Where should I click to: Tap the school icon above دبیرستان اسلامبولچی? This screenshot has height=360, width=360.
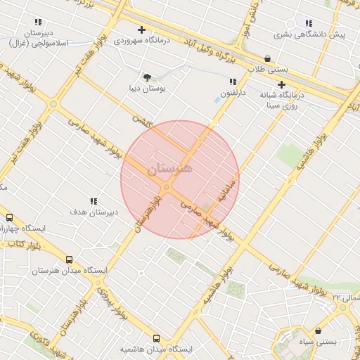(38, 22)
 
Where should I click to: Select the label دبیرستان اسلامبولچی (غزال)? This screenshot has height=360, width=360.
(38, 38)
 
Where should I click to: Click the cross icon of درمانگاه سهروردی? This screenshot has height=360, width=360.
(141, 30)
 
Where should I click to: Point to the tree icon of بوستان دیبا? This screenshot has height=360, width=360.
(147, 77)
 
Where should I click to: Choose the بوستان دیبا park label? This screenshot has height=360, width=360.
(146, 89)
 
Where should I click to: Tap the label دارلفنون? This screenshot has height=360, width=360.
(233, 92)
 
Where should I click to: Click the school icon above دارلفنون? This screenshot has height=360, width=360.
(233, 82)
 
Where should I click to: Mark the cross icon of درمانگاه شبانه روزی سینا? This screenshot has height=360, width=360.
(281, 84)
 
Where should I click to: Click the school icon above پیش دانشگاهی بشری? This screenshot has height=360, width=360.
(309, 23)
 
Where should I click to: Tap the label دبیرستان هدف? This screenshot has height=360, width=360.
(94, 212)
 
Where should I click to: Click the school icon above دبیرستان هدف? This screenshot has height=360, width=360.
(94, 201)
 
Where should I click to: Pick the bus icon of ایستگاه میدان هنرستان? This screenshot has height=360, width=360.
(69, 259)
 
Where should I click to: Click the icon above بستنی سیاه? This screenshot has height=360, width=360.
(319, 330)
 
